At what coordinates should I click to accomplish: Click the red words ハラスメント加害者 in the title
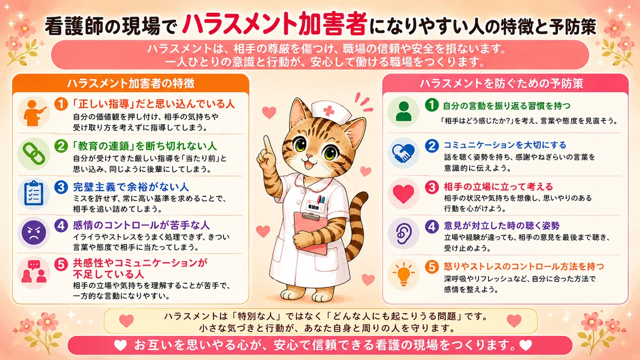pos(275,25)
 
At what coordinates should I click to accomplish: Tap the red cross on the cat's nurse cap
pos(329,110)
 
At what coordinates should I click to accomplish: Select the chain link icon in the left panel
pos(34,154)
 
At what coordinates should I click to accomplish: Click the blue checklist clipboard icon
pos(34,193)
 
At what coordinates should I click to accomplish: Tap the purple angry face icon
pos(34,233)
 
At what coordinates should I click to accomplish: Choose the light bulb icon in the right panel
pos(403,274)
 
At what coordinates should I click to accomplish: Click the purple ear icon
pos(403,234)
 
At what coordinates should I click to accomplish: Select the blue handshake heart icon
pos(403,153)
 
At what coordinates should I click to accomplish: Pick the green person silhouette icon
pos(403,111)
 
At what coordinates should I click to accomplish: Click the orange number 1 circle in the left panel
pos(61,104)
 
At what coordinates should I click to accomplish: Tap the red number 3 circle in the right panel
pos(431,187)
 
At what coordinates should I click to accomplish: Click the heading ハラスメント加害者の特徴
pos(131,83)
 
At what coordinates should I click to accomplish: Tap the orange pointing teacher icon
pos(34,113)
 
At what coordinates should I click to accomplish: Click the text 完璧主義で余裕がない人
pos(131,187)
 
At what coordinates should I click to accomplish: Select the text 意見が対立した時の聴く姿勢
pos(501,226)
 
